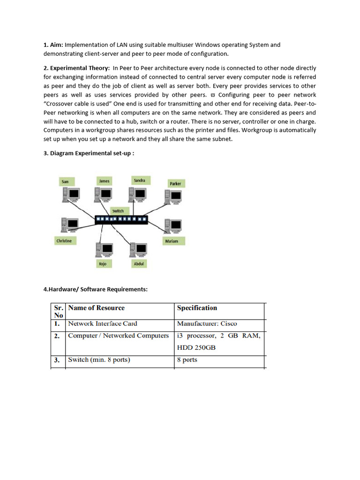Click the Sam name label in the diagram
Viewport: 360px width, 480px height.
[x=65, y=181]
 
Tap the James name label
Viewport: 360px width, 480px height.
[x=104, y=180]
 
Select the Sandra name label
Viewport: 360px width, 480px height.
[x=139, y=180]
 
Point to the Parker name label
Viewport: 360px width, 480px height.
[x=175, y=184]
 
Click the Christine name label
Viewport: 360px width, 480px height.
[x=64, y=241]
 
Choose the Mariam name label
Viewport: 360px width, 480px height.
[x=172, y=241]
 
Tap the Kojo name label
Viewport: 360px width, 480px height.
[x=103, y=264]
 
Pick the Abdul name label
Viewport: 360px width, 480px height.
[x=139, y=264]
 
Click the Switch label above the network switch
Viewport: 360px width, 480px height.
[x=118, y=211]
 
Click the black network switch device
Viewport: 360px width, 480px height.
[x=121, y=219]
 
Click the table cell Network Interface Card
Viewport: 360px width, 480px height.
[x=103, y=323]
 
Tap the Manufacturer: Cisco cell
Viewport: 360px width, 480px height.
[x=207, y=323]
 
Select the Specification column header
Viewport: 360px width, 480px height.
[x=197, y=308]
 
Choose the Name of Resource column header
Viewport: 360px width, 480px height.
[x=96, y=308]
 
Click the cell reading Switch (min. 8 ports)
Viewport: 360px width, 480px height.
[x=99, y=360]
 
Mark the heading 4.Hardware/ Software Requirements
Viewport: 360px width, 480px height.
[x=95, y=289]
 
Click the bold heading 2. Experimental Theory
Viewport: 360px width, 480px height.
[x=76, y=68]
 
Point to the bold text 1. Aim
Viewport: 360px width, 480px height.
[x=53, y=45]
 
